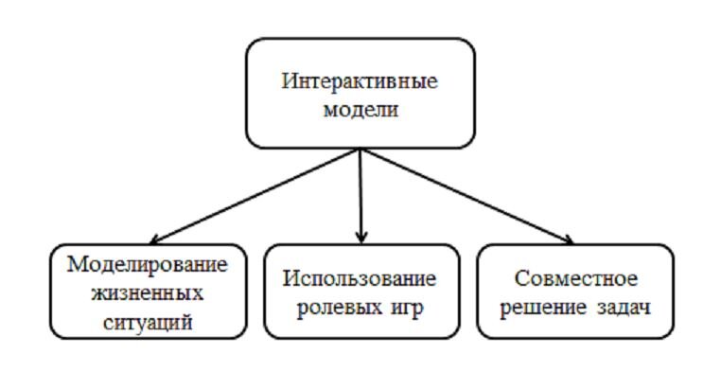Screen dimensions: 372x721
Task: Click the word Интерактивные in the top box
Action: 360,80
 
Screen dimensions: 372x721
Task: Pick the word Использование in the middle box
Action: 360,279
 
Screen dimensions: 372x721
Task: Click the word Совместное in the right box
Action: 576,279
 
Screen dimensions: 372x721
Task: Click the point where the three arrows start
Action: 360,150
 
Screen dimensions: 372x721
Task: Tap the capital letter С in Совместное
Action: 521,279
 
